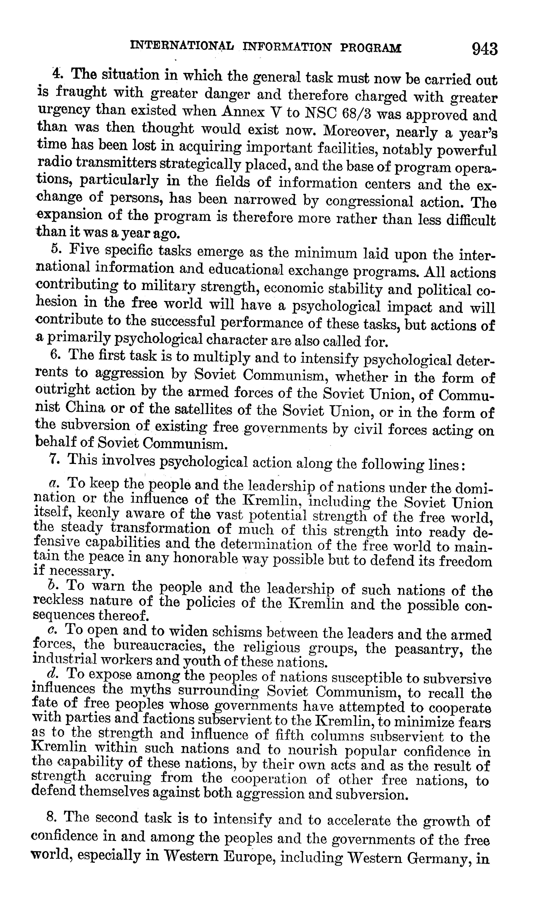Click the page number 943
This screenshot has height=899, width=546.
tap(484, 49)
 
